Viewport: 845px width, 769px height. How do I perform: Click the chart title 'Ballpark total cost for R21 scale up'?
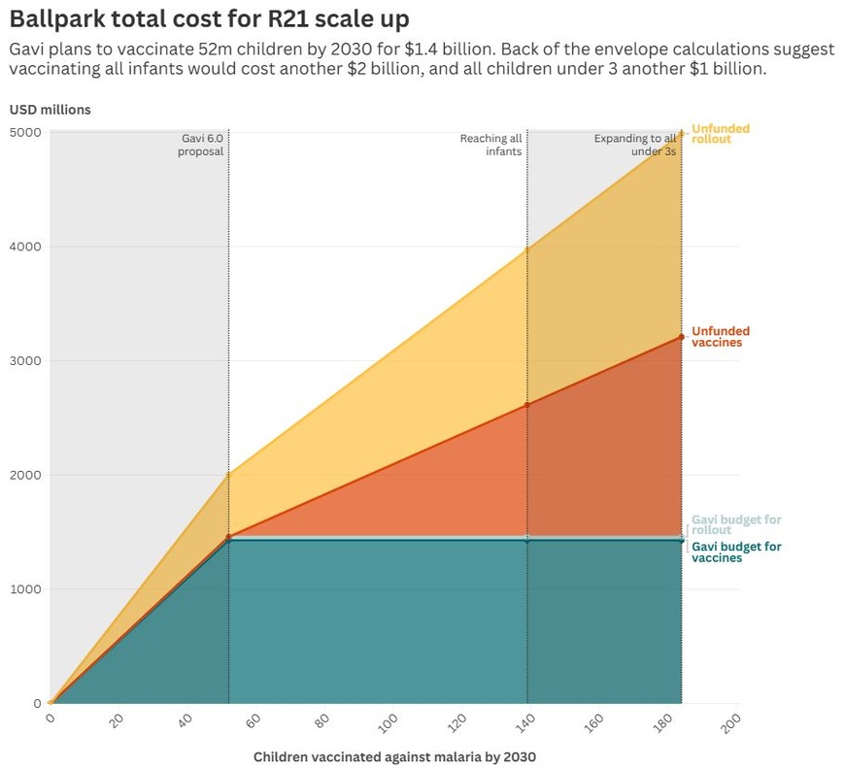(209, 18)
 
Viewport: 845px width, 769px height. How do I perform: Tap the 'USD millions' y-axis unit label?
(51, 110)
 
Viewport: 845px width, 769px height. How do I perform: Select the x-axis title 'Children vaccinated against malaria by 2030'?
(394, 756)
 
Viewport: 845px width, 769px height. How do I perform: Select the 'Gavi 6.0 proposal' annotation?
(202, 145)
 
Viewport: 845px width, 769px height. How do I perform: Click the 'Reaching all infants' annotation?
(491, 145)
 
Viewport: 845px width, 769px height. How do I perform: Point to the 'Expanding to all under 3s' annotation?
(635, 145)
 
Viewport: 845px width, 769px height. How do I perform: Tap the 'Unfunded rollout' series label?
(720, 134)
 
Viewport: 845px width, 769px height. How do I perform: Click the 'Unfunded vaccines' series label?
(720, 337)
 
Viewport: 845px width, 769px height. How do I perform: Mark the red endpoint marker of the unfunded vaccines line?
(682, 337)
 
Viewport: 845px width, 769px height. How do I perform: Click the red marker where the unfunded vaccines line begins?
(229, 537)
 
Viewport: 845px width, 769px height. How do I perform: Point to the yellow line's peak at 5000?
(682, 133)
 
